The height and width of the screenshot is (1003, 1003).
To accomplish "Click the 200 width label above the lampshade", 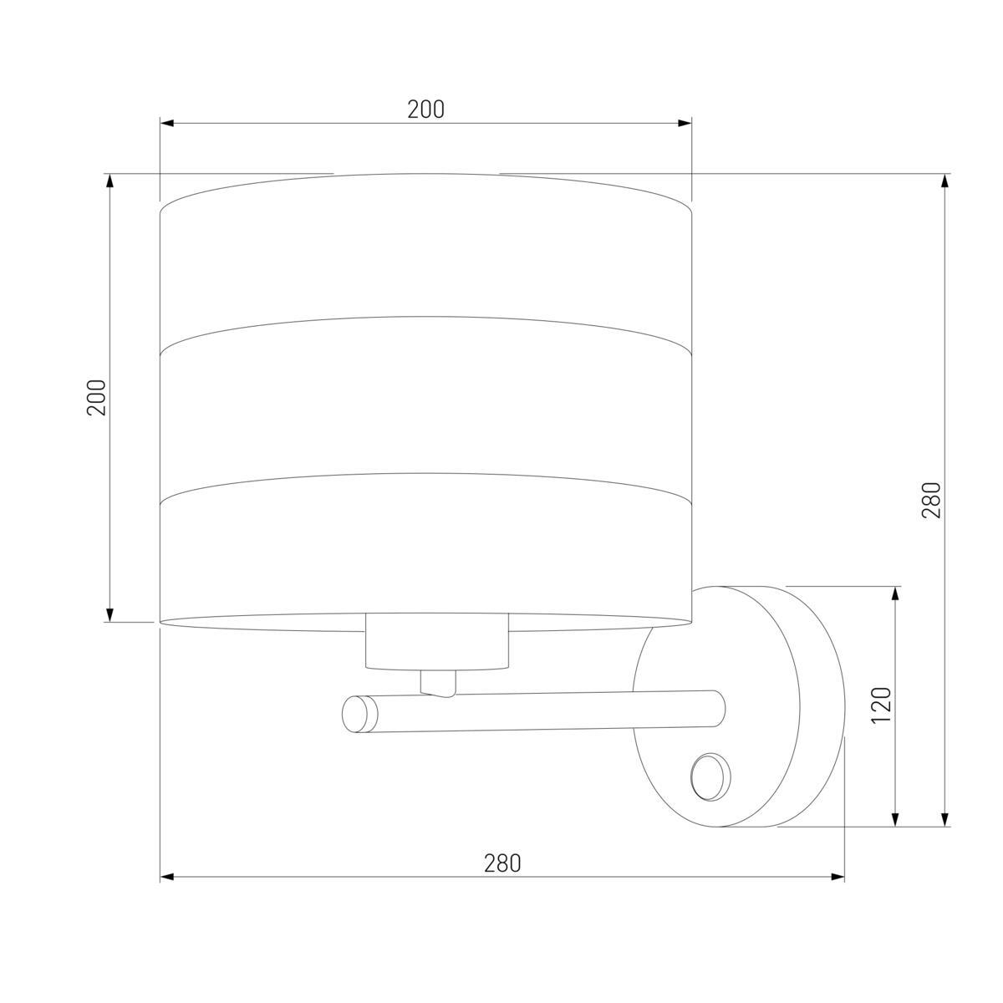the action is point(425,109).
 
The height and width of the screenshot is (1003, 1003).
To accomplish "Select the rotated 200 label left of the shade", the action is point(96,398).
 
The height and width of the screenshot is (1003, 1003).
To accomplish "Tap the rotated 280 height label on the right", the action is point(931,500).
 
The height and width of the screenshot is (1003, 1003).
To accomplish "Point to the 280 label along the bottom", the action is point(502,863).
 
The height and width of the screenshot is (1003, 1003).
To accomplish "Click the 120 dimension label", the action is point(882,705).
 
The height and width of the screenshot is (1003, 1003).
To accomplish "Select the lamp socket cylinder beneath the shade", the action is point(436,642).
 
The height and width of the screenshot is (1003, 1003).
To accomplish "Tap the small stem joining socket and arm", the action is point(438,683).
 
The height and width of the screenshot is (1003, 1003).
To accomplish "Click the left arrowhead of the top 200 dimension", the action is point(166,124).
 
